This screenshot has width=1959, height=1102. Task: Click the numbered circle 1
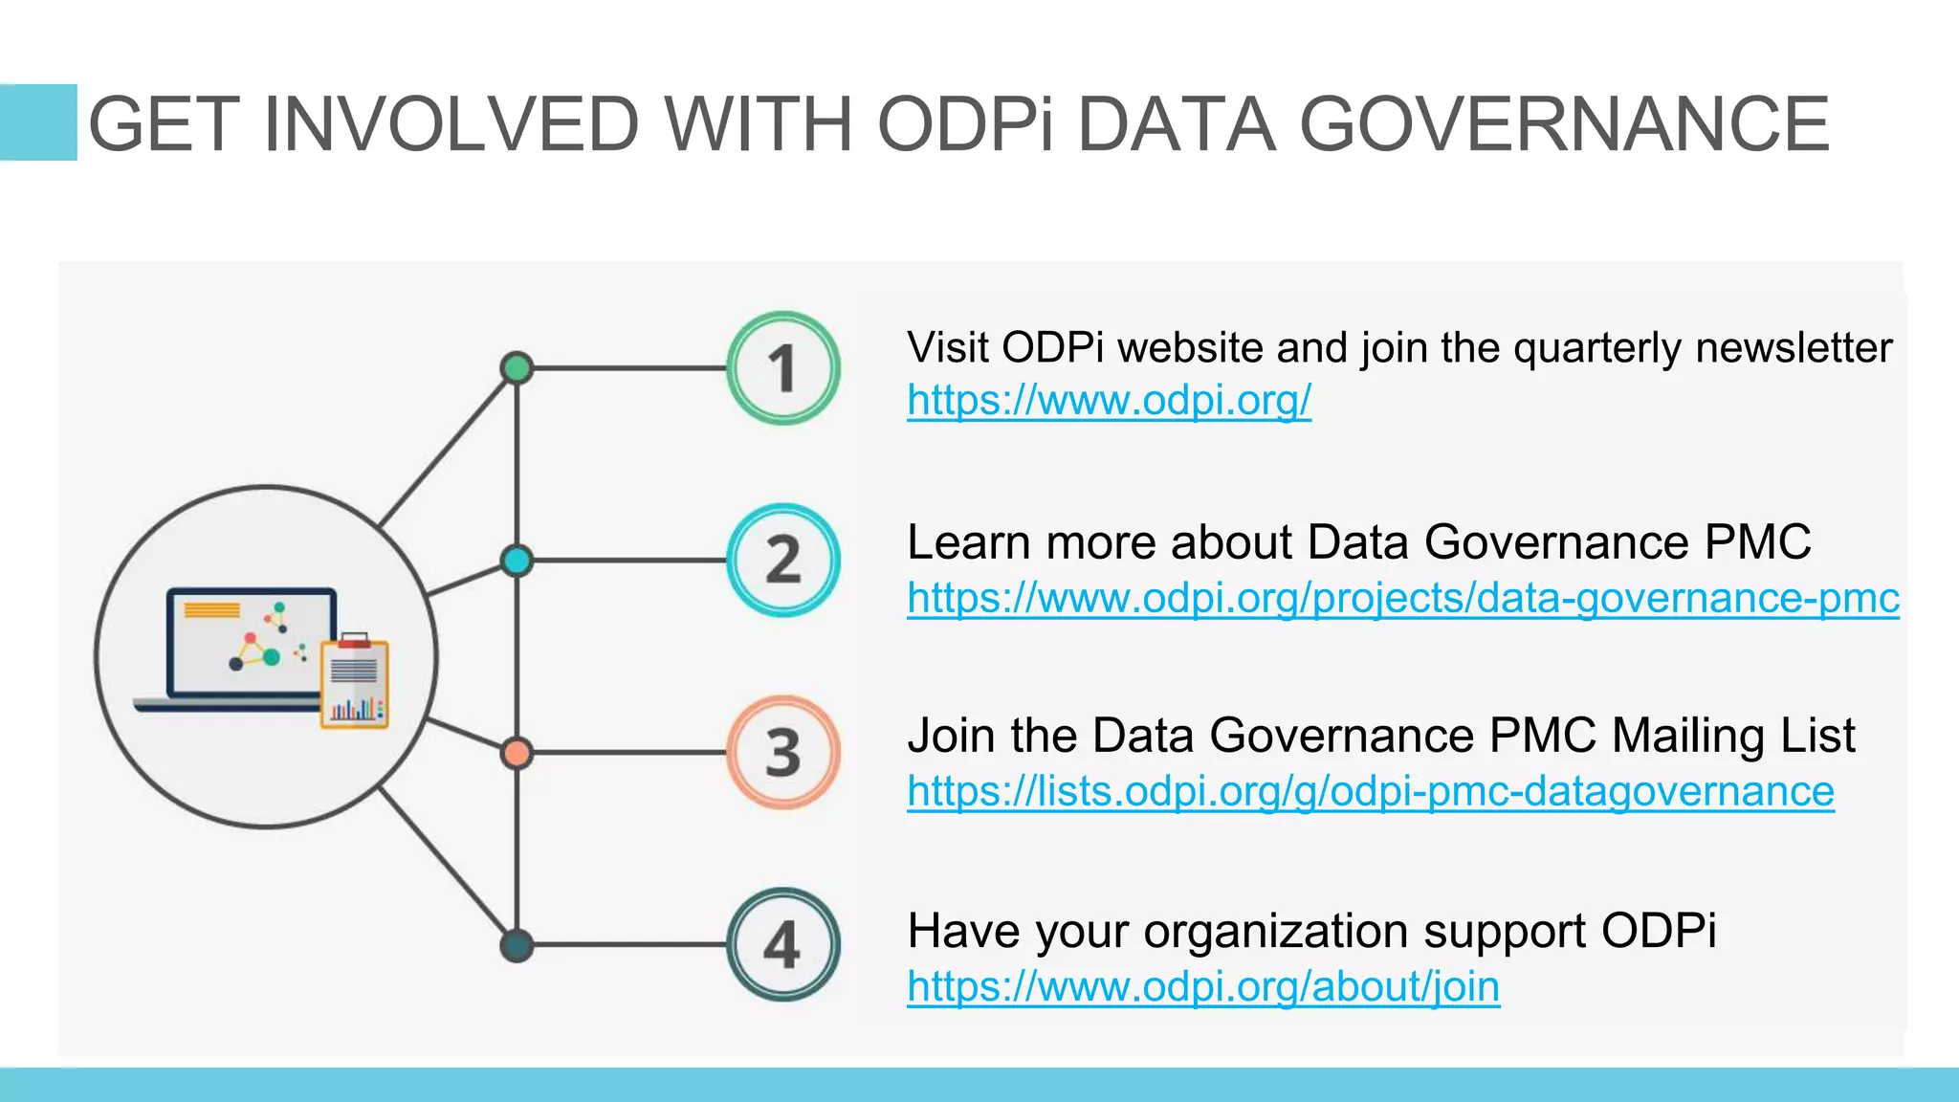pyautogui.click(x=783, y=368)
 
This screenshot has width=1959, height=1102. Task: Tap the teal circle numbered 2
pyautogui.click(x=783, y=561)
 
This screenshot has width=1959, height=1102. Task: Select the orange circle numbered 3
pyautogui.click(x=783, y=753)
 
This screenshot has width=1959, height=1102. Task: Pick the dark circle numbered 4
pyautogui.click(x=783, y=945)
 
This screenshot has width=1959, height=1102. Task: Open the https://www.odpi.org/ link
pyautogui.click(x=1109, y=400)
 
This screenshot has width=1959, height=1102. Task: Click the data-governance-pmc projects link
pyautogui.click(x=1402, y=599)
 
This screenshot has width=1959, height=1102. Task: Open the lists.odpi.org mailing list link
pyautogui.click(x=1370, y=792)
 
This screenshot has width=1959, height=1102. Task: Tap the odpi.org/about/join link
pyautogui.click(x=1202, y=986)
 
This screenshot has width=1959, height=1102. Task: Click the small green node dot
pyautogui.click(x=517, y=368)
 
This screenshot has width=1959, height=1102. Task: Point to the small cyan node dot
pyautogui.click(x=517, y=561)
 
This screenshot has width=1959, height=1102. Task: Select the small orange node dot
pyautogui.click(x=517, y=753)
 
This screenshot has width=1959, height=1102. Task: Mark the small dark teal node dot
pyautogui.click(x=517, y=945)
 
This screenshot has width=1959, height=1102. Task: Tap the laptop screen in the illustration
pyautogui.click(x=251, y=642)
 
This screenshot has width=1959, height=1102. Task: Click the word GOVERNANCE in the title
pyautogui.click(x=1564, y=124)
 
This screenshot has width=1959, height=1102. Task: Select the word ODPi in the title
pyautogui.click(x=966, y=124)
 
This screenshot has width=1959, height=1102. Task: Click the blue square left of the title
pyautogui.click(x=38, y=122)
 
